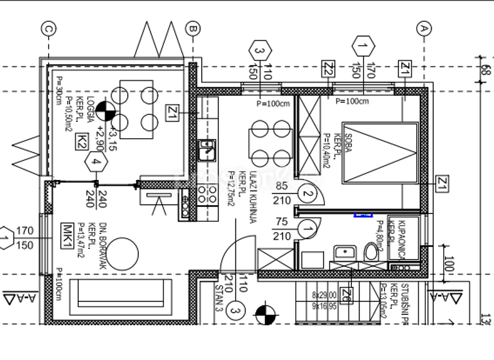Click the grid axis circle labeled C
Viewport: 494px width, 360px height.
point(48,28)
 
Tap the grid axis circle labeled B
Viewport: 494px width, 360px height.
point(192,28)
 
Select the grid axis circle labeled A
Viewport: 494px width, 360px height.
point(423,28)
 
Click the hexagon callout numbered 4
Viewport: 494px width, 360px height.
point(96,163)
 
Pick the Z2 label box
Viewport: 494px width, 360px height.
point(329,69)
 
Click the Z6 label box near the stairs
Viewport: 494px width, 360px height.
point(346,295)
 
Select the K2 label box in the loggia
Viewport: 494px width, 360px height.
point(82,141)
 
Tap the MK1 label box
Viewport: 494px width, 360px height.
point(66,231)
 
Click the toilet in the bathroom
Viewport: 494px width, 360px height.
point(371,251)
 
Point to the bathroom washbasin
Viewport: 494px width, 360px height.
point(342,253)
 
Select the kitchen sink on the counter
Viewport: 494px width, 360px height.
point(206,150)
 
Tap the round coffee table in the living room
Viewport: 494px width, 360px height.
point(122,252)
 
